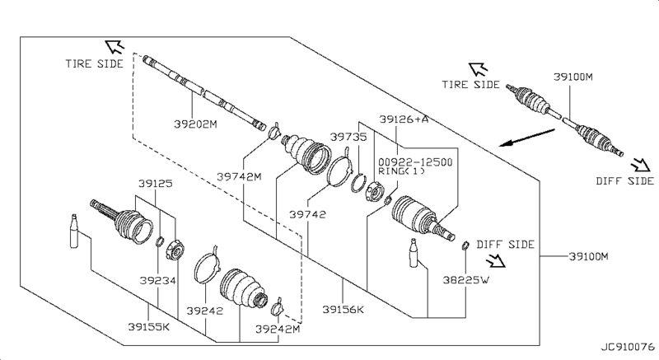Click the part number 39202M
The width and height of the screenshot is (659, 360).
tap(194, 125)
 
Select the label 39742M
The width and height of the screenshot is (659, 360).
tap(239, 176)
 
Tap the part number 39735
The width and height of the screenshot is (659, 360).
tap(347, 138)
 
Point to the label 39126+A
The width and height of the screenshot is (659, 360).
tap(404, 120)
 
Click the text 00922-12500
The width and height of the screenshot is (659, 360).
tap(414, 162)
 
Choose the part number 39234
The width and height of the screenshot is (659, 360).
tap(157, 280)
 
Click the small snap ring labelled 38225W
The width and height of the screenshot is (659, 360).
tap(465, 245)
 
